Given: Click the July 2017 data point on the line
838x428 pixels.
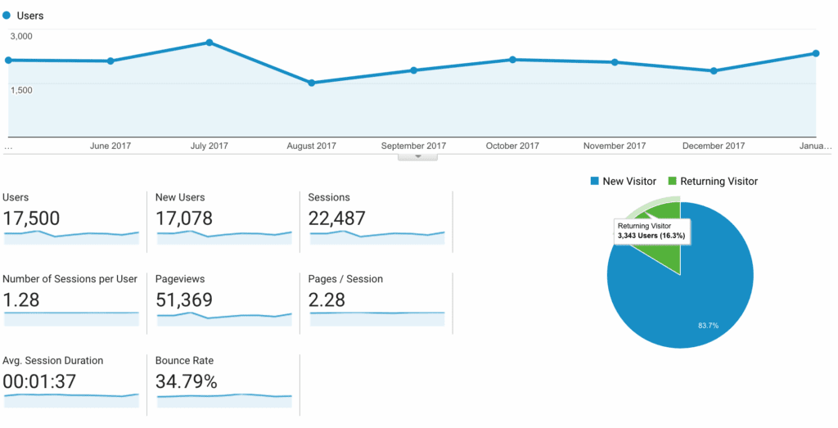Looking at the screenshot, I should coord(210,43).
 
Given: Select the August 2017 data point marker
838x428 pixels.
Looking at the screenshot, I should coord(312,83).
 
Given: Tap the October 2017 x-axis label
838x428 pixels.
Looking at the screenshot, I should coord(512,146).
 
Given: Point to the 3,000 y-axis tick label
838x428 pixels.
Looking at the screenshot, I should coord(21,36).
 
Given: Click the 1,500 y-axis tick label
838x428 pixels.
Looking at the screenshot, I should coord(21,89).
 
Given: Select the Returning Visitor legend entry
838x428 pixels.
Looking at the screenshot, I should coord(713,181).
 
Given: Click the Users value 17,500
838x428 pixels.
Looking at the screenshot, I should coord(31,219).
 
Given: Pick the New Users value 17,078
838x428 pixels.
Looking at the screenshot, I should coord(184,219).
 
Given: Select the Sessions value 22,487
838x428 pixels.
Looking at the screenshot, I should coord(337,219).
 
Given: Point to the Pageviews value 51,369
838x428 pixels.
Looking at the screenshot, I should coord(184,300).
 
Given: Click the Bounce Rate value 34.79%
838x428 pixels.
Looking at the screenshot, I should coord(187,381).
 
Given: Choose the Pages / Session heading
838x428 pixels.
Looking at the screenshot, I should coord(345,279).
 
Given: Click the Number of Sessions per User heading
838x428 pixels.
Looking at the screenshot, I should coord(70,279).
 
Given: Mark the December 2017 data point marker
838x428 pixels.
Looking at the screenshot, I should coord(714,71).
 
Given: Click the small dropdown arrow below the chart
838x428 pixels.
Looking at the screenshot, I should coord(417,155).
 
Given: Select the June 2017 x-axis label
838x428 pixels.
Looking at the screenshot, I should coord(110,146).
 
